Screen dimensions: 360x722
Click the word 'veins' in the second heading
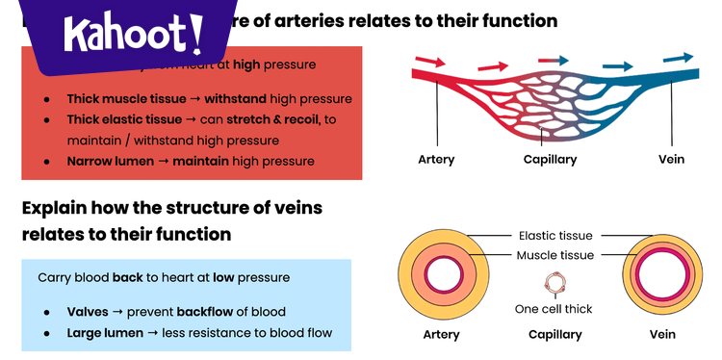tap(294, 207)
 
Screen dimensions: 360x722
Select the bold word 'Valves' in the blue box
tap(88, 312)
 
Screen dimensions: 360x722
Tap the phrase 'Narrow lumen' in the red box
tap(109, 161)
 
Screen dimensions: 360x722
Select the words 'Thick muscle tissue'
tap(124, 98)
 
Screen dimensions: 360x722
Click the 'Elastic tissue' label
tap(555, 235)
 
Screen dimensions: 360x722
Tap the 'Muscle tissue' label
tap(555, 255)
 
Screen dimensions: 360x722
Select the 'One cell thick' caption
tap(554, 309)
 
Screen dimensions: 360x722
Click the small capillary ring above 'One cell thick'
tap(554, 284)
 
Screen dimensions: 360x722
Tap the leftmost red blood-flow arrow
tap(429, 62)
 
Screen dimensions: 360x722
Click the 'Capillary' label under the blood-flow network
tap(550, 159)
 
